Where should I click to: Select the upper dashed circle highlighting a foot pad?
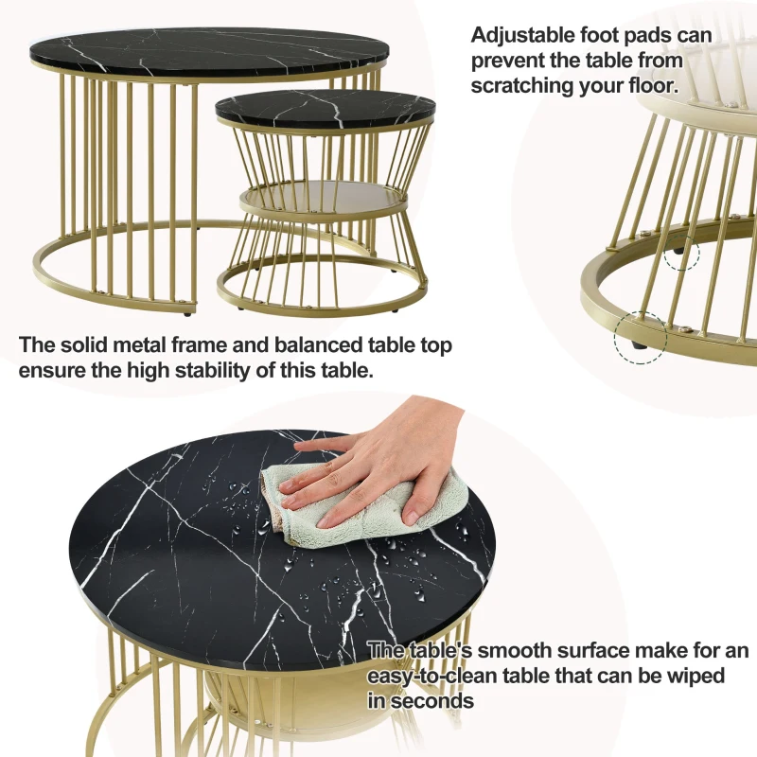click(679, 254)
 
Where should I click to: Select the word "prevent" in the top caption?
click(510, 60)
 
